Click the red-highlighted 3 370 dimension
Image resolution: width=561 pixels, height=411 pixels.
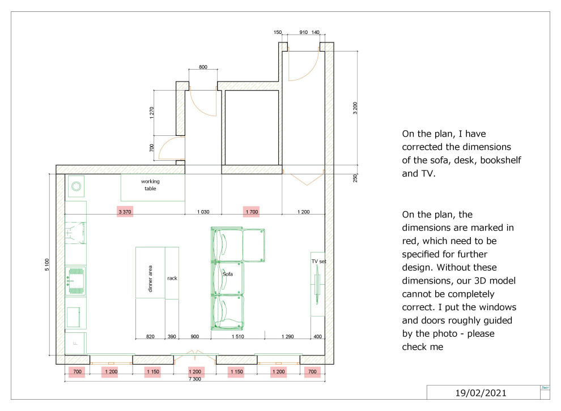[x=125, y=212]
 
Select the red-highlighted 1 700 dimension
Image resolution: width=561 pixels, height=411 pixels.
[x=252, y=212]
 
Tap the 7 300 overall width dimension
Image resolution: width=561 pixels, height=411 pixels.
[x=194, y=379]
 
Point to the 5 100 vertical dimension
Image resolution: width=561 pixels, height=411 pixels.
[x=47, y=264]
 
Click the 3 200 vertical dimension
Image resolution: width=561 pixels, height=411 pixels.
[x=355, y=108]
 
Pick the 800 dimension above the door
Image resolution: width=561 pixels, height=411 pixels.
[x=203, y=67]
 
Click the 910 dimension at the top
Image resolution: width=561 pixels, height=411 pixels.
[x=303, y=32]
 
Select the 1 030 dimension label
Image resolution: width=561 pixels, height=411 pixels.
[x=203, y=212]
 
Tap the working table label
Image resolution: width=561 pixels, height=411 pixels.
[x=150, y=185]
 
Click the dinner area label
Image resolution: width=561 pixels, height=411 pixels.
[x=150, y=279]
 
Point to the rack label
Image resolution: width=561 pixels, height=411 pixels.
[x=172, y=278]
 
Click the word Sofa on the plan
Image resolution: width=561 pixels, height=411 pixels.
[x=228, y=274]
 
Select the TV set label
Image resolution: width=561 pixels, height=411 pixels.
[x=319, y=261]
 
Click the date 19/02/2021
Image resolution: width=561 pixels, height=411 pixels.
[x=481, y=393]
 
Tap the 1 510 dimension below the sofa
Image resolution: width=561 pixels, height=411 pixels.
[x=237, y=336]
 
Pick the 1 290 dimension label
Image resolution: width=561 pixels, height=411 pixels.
[x=287, y=336]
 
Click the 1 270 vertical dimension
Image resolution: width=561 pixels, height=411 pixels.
[x=152, y=113]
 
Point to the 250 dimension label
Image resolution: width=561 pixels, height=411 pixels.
[x=355, y=178]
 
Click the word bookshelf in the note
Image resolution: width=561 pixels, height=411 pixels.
[x=500, y=160]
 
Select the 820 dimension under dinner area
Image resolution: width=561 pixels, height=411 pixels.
[x=150, y=336]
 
